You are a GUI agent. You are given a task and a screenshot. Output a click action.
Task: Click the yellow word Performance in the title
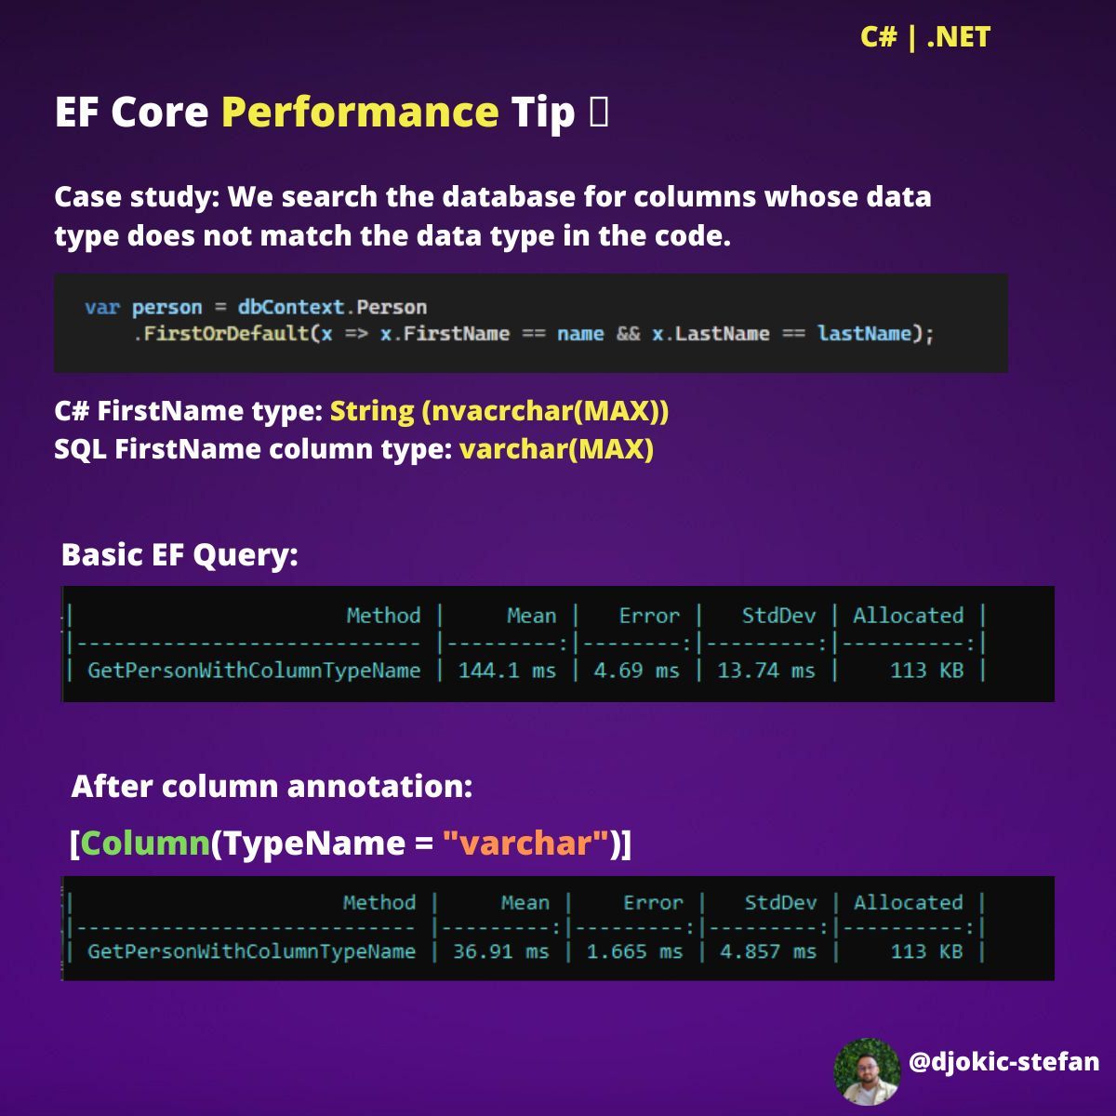tap(360, 113)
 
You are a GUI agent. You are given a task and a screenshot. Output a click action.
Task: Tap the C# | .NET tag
tap(924, 37)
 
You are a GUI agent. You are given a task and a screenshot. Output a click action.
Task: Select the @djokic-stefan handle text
tap(1003, 1062)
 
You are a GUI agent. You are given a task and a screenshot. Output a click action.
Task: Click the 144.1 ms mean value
tap(507, 670)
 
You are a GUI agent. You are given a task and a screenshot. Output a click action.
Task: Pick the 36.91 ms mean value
tap(501, 951)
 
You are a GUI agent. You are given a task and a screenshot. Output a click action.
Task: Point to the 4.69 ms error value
tap(636, 670)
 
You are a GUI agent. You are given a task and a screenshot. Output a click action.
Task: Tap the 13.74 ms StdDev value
tap(765, 670)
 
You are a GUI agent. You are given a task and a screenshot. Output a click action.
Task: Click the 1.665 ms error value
tap(635, 951)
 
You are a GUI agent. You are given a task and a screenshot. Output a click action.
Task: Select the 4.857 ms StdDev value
tap(768, 951)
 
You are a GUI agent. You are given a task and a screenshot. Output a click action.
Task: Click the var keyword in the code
tap(102, 307)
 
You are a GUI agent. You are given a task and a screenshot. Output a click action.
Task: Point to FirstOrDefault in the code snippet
tap(226, 334)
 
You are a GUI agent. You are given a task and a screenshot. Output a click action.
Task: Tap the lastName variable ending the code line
tap(864, 334)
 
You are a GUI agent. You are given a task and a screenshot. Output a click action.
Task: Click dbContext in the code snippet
tap(291, 307)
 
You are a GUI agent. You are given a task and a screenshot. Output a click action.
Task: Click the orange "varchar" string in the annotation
tap(525, 843)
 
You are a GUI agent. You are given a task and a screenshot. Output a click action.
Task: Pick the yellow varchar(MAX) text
tap(556, 449)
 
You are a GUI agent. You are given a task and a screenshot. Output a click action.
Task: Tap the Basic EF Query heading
tap(179, 555)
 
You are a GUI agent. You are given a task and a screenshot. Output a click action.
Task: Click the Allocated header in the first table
tap(908, 616)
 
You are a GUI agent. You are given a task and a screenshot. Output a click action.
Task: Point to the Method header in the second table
tap(379, 902)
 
